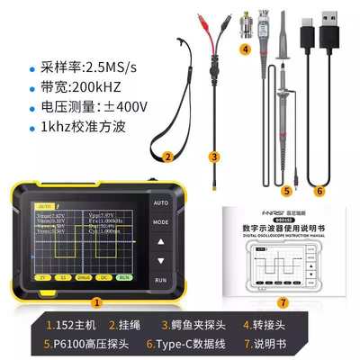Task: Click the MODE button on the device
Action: point(161,220)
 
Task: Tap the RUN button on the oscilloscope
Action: point(161,280)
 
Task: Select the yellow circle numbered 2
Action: point(167,156)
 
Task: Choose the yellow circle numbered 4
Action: point(245,49)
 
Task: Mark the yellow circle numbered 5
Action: point(287,191)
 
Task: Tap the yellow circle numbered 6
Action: point(319,191)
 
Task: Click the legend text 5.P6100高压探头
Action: point(85,343)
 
